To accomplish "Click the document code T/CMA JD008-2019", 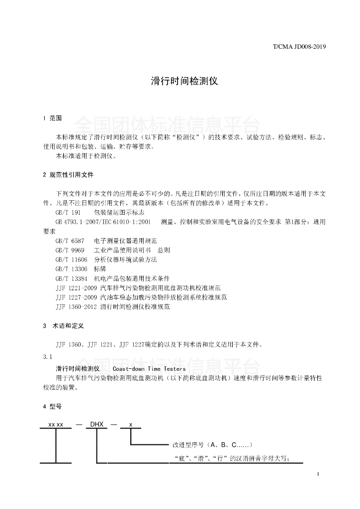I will tap(299, 48).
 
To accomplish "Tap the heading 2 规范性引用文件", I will tap(68, 175).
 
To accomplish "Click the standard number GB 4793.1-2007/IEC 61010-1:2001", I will tap(103, 222).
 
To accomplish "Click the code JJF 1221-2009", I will tap(77, 288).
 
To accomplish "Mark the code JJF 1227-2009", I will tap(77, 297).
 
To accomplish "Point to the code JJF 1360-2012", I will tap(77, 307).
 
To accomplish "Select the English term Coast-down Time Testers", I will tap(149, 369).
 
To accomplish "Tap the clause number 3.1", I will tap(48, 357).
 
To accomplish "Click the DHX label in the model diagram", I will tap(96, 424).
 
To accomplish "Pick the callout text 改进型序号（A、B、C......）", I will tap(213, 444).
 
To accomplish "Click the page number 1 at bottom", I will tap(317, 475).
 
